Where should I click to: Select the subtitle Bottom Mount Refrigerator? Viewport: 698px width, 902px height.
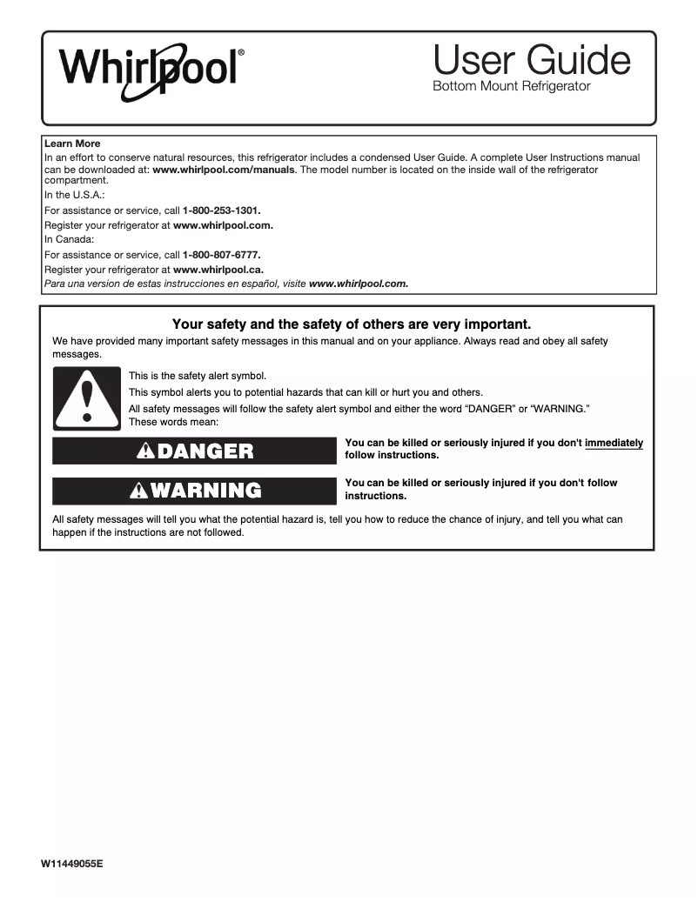(x=512, y=86)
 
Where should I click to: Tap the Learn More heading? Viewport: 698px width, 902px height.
(x=72, y=144)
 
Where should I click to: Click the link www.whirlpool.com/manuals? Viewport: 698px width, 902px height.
(x=224, y=170)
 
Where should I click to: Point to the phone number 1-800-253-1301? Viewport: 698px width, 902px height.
(x=222, y=210)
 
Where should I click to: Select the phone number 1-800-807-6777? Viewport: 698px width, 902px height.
(x=222, y=255)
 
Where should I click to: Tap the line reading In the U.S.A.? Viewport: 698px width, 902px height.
(x=75, y=196)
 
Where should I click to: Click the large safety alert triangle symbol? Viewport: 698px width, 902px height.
(x=86, y=398)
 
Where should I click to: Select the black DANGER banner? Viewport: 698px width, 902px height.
(x=194, y=451)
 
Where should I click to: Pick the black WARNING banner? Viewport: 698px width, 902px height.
(x=194, y=491)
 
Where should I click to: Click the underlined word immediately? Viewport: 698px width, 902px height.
(x=614, y=443)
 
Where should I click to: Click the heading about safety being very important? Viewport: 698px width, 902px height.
(x=352, y=324)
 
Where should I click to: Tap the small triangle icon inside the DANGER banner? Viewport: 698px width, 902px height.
(x=144, y=451)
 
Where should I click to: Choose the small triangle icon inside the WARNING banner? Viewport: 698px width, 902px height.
(x=138, y=491)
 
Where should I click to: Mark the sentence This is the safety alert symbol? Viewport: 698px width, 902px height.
(x=198, y=376)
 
